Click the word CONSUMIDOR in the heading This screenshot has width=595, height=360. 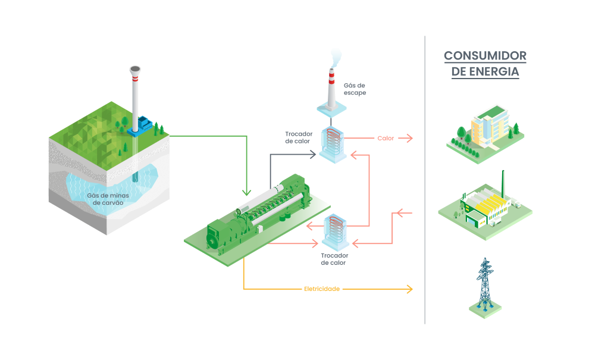(x=485, y=57)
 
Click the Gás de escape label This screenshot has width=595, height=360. (x=355, y=89)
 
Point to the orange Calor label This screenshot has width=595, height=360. (x=386, y=138)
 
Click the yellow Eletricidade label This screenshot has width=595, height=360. (x=321, y=289)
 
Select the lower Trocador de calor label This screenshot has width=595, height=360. (x=334, y=259)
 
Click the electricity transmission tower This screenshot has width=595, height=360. (x=486, y=284)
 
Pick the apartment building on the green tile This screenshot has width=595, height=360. (x=487, y=129)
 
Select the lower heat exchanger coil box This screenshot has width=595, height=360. (x=334, y=232)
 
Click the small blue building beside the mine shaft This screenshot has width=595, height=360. (x=143, y=124)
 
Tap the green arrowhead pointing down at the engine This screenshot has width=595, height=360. (x=246, y=192)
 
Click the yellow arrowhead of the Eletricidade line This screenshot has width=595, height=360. (x=409, y=289)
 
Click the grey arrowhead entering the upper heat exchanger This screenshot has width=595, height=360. (x=314, y=155)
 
